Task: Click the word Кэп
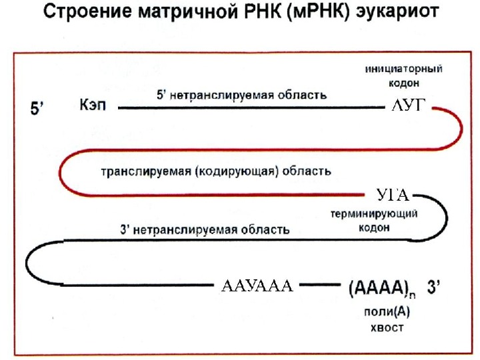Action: pos(93,106)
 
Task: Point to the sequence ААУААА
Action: pos(257,287)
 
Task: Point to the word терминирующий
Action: pos(375,214)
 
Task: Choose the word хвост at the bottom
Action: pos(386,327)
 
